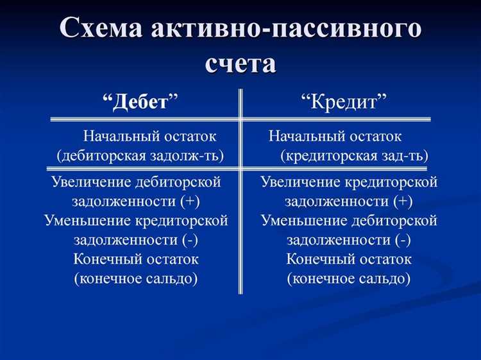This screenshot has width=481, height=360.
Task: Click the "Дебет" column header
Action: tap(140, 102)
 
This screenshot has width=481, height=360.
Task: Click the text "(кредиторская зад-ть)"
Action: tap(355, 156)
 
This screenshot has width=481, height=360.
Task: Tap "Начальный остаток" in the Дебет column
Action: tap(150, 136)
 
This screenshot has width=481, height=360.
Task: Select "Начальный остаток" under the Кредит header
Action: tap(335, 136)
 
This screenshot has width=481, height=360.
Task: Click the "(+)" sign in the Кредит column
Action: tap(402, 201)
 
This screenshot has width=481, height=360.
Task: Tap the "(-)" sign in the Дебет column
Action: tap(189, 240)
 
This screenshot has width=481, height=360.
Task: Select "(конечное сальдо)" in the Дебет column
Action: tap(136, 279)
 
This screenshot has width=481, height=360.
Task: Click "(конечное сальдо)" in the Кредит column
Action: tap(349, 279)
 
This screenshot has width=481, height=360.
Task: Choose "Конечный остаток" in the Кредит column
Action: tap(349, 259)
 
